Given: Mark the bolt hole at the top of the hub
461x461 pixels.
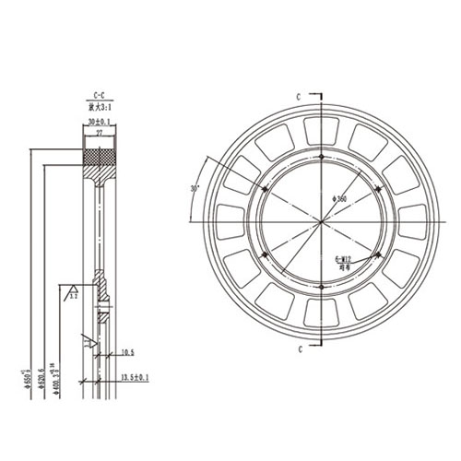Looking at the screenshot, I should [x=322, y=158].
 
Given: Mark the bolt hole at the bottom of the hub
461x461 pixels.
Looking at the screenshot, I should [x=322, y=287].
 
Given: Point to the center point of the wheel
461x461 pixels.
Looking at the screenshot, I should [x=322, y=222].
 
